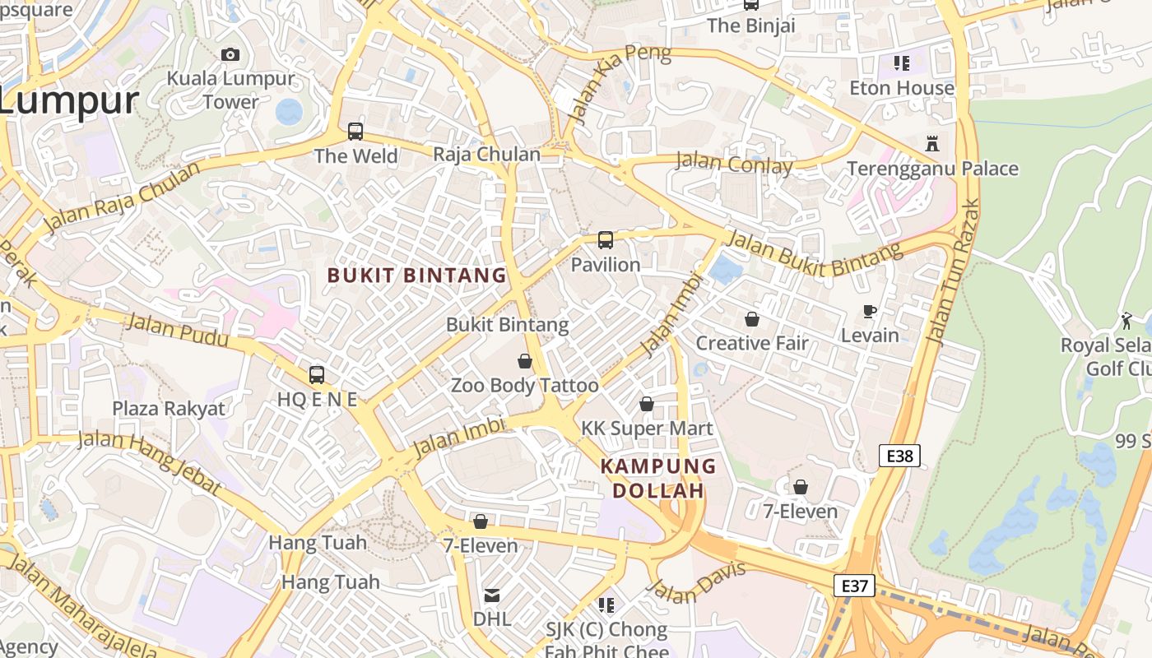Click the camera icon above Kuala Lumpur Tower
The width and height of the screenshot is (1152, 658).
click(230, 55)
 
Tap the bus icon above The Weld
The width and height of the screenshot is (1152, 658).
click(355, 131)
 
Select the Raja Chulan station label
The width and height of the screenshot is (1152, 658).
click(486, 155)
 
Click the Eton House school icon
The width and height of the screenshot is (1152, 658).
click(902, 63)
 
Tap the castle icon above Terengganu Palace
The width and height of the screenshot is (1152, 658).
click(932, 143)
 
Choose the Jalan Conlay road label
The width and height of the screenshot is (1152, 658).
click(734, 163)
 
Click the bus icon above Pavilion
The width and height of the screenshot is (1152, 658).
click(606, 240)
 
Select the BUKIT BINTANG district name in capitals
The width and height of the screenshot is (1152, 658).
click(417, 276)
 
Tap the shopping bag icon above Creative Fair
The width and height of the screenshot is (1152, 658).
click(752, 319)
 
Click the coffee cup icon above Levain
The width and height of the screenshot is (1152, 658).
click(870, 311)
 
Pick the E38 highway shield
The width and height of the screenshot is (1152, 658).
click(899, 456)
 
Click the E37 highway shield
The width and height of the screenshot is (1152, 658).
click(854, 586)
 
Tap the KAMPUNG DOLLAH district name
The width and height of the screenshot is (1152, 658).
click(658, 479)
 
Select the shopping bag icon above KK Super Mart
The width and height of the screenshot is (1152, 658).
click(647, 404)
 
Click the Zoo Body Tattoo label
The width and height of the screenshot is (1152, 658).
click(525, 385)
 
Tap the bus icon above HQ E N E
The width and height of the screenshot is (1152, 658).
click(317, 375)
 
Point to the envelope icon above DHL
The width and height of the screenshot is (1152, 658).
click(491, 595)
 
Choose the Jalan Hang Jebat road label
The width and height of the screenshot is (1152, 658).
click(150, 462)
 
